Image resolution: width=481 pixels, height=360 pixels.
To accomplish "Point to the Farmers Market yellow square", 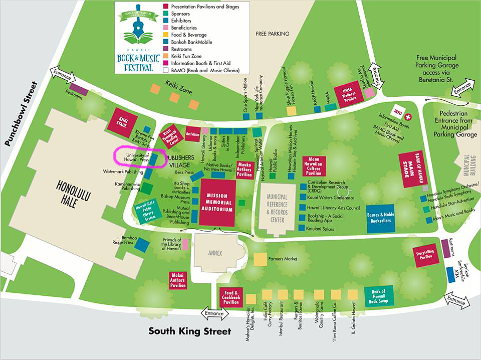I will tap(260, 259).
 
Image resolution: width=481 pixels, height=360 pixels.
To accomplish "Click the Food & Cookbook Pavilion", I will tap(230, 297).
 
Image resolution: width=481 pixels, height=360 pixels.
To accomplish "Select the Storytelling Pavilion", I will tap(425, 256).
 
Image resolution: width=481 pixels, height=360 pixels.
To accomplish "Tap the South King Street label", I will tap(190, 331).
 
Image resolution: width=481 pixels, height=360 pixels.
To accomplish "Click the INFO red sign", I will tap(399, 111).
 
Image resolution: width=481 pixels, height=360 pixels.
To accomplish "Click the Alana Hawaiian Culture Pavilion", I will tap(314, 166).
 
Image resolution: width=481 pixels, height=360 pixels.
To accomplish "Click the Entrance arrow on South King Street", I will tap(215, 313).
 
